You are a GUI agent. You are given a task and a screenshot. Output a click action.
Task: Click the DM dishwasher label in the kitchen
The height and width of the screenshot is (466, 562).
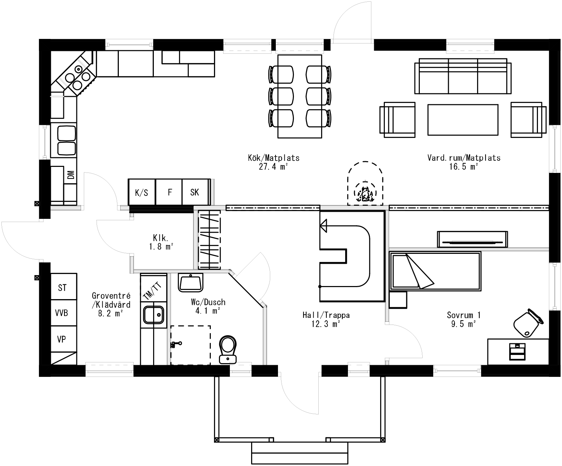[x=71, y=175]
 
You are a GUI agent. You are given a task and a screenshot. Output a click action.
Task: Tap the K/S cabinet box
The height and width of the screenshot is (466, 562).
[x=141, y=192]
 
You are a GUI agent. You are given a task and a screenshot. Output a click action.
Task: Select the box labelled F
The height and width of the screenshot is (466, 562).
[x=169, y=192]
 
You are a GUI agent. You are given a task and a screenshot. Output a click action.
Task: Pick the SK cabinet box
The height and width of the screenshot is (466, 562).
[x=195, y=192]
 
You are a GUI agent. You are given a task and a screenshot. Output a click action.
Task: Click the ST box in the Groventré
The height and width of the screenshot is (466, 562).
[x=62, y=287]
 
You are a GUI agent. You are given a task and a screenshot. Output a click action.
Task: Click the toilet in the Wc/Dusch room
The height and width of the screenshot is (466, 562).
[x=228, y=349]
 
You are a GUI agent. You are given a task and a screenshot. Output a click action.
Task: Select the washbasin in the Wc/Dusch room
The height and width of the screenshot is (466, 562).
[x=191, y=282]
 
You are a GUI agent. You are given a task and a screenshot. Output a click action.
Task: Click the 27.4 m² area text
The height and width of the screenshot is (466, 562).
[x=273, y=167]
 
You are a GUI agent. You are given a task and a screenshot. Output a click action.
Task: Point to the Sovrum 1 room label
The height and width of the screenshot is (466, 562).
[x=463, y=315]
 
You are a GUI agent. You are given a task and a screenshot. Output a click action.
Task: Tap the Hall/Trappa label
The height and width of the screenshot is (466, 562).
[x=326, y=315]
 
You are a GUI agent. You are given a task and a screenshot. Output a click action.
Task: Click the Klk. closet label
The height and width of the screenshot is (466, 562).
[x=161, y=238]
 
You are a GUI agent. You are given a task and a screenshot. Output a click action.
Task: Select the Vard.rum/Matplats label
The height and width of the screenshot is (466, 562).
[x=464, y=158]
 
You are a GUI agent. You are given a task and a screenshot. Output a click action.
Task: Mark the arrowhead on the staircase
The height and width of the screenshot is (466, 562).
[x=323, y=225]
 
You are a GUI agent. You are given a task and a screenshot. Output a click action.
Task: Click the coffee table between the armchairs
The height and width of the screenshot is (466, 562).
[x=463, y=120]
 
